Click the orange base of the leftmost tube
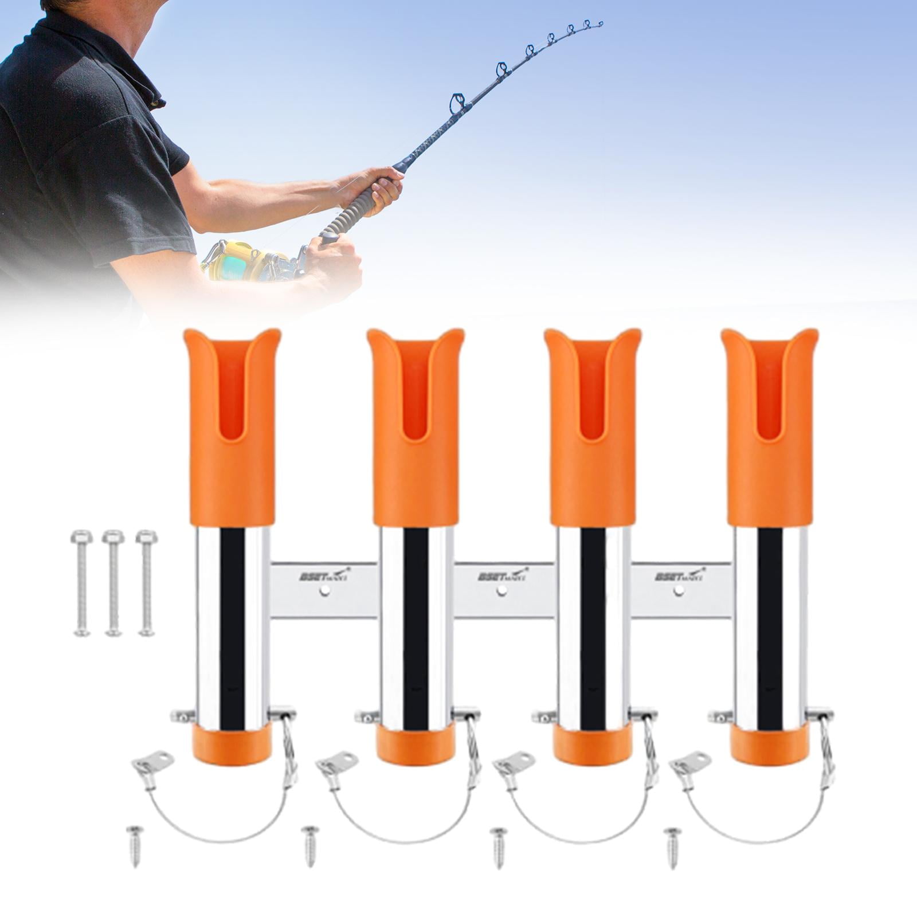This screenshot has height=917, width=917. (231, 745)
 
